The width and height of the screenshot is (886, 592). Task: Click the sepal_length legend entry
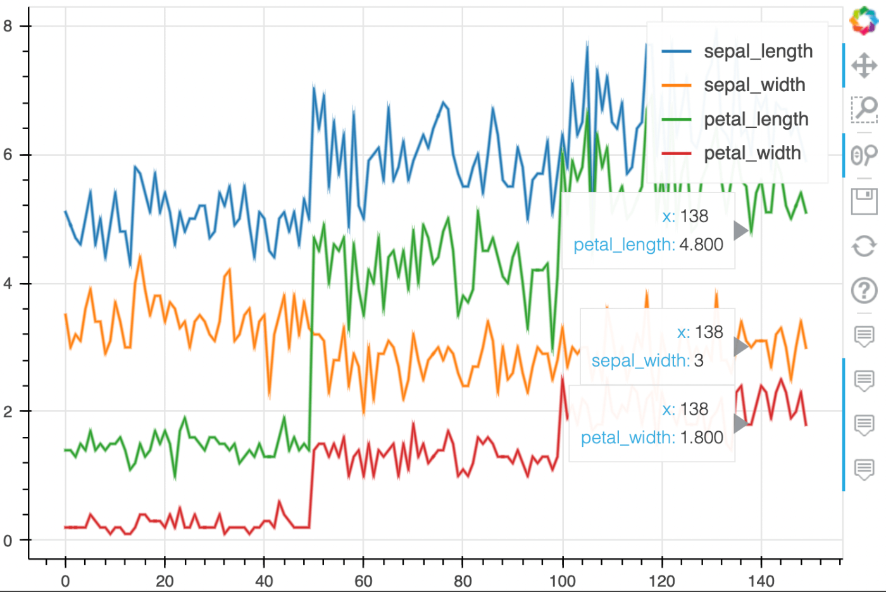758,51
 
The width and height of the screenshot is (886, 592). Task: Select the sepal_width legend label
754,85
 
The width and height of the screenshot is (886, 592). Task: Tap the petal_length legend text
756,119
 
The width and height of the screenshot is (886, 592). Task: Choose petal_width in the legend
752,153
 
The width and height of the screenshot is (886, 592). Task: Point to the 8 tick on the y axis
8,26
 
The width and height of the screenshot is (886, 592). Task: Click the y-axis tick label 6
8,155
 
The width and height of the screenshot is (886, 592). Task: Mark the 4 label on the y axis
8,284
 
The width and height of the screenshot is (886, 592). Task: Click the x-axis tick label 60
363,581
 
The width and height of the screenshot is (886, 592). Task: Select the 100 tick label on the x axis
562,581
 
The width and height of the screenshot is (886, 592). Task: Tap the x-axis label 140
761,581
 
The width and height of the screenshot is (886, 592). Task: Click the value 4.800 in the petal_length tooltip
701,244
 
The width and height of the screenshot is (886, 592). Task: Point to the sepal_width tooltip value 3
699,361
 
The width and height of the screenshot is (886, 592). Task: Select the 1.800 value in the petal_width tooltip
701,438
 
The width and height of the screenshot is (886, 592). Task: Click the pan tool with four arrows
864,65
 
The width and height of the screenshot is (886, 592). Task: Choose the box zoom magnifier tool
864,110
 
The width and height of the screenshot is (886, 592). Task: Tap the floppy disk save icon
864,201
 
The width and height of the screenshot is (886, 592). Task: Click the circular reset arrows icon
864,246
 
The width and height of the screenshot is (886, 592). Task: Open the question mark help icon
864,291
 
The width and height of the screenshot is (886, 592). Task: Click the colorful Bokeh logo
864,20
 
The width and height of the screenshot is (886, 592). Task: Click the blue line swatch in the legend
676,51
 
